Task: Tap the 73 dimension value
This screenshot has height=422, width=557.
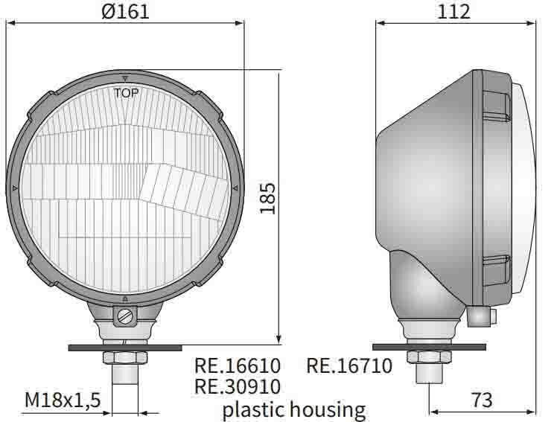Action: [x=482, y=399]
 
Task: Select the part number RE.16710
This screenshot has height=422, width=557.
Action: [x=349, y=365]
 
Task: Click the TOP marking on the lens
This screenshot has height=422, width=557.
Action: [x=126, y=93]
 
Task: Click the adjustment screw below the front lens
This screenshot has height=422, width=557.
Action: [x=125, y=316]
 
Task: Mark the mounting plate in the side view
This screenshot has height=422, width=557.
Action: [x=429, y=347]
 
